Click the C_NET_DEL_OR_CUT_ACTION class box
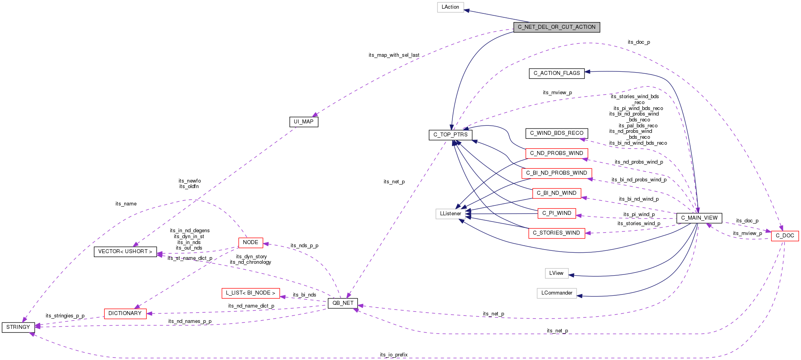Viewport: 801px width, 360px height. click(556, 27)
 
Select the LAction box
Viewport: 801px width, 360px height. click(450, 7)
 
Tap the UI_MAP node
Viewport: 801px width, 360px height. click(303, 122)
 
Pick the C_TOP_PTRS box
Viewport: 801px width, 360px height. click(450, 135)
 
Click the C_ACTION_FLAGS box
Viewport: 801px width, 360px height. click(556, 73)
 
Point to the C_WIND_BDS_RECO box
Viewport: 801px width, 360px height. click(556, 133)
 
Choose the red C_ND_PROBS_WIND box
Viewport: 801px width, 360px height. click(556, 153)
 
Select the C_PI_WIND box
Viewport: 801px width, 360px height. click(556, 213)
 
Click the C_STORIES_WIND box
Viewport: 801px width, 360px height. click(556, 233)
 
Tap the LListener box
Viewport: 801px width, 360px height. click(450, 214)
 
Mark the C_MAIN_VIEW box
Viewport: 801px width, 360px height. click(699, 218)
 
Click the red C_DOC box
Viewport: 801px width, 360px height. click(784, 236)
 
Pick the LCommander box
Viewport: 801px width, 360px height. click(556, 293)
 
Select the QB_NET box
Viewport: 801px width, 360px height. click(343, 303)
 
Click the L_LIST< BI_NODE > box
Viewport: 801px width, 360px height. click(250, 293)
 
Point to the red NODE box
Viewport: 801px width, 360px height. click(250, 242)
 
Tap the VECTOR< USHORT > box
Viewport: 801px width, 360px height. click(125, 252)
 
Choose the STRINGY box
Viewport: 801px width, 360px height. click(18, 327)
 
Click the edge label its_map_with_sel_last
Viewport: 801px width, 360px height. click(394, 55)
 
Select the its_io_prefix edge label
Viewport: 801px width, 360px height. click(394, 355)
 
